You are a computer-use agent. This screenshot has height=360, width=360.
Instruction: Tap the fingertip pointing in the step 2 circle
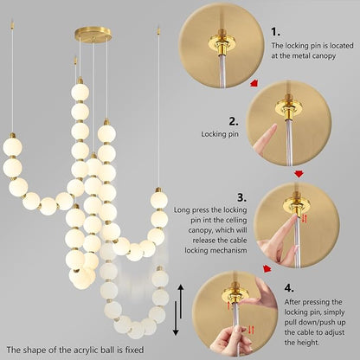tap(274, 132)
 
